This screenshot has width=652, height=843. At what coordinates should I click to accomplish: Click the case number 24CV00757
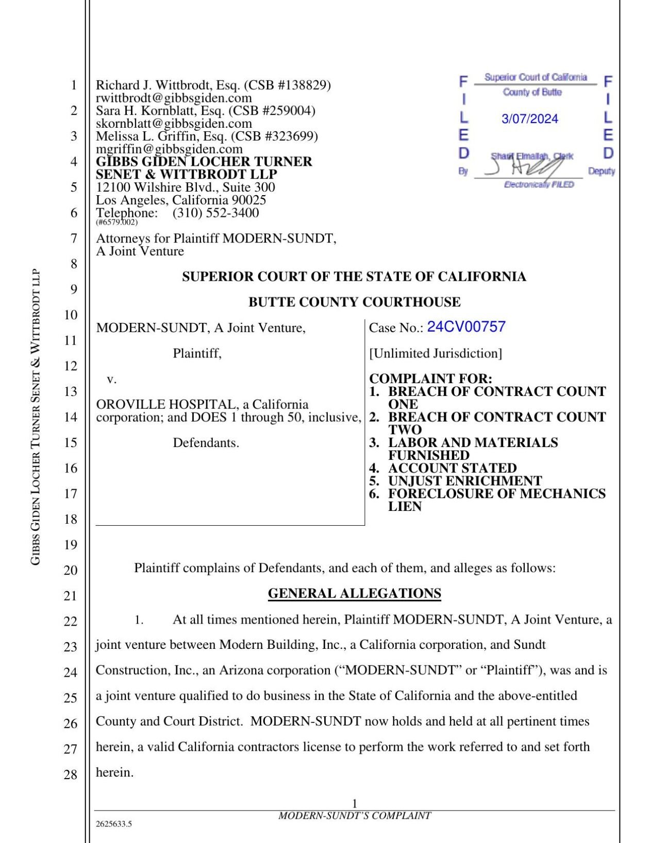click(x=466, y=327)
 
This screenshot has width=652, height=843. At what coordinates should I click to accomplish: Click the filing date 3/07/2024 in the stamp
click(x=529, y=119)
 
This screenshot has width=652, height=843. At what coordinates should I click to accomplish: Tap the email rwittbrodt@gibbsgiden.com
click(x=174, y=98)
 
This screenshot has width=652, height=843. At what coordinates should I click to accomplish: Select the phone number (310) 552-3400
click(x=215, y=213)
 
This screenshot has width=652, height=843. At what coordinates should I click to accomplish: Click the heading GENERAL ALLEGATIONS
click(x=354, y=593)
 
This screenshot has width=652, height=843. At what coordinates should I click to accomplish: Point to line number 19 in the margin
click(x=70, y=544)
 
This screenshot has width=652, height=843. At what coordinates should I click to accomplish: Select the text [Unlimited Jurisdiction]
click(x=435, y=353)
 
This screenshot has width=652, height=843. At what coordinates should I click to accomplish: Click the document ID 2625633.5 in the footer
click(x=114, y=824)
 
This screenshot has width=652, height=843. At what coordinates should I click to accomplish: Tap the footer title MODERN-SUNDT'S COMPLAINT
click(x=354, y=816)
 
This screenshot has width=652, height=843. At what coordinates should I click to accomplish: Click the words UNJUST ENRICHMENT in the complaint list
click(x=464, y=480)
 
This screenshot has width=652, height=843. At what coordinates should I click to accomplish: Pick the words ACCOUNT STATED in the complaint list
click(x=452, y=468)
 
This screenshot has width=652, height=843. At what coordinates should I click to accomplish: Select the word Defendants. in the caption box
click(x=206, y=442)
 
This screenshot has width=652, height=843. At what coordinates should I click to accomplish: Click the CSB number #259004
click(x=289, y=110)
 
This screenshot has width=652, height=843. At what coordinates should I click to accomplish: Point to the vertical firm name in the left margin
click(x=35, y=417)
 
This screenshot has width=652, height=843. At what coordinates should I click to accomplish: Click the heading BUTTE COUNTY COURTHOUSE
click(x=354, y=302)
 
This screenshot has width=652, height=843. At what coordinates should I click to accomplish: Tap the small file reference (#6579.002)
click(x=116, y=222)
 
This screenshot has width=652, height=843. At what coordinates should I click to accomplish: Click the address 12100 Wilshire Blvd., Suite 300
click(x=186, y=187)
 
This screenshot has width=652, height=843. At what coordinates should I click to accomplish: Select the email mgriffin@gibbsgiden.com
click(x=169, y=149)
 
